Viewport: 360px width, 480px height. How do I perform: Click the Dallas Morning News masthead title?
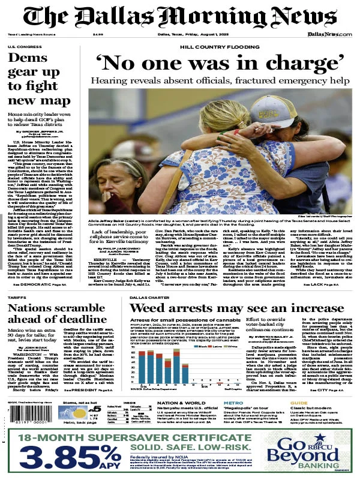(180, 16)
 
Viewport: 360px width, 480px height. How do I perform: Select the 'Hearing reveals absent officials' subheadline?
(221, 80)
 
